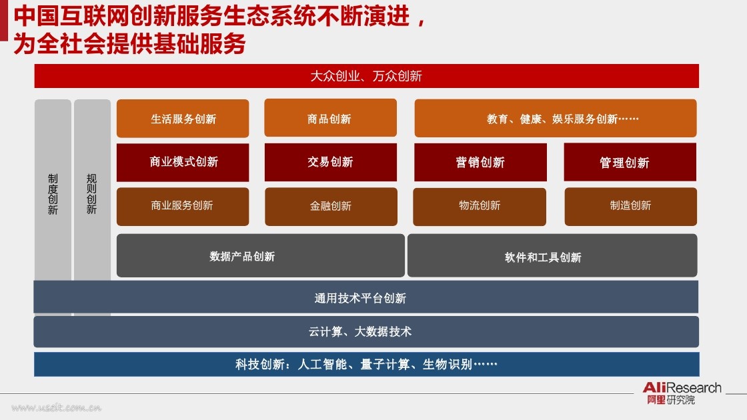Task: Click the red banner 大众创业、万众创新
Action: (366, 76)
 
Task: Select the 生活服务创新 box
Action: (183, 119)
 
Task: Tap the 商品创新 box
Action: (331, 118)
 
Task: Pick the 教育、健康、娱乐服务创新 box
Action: (556, 118)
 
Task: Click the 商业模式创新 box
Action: (183, 163)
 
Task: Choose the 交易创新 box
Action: (331, 163)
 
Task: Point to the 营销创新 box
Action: (480, 163)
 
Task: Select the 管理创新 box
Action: (630, 163)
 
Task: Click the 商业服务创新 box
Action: (183, 207)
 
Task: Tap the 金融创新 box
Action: (331, 207)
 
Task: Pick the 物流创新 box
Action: (480, 207)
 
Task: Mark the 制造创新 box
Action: (631, 207)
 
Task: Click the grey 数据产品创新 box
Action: (261, 256)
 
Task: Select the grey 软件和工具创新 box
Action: (552, 256)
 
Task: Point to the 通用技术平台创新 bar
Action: (366, 297)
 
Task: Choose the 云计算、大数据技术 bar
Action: (366, 331)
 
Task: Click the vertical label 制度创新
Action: (53, 194)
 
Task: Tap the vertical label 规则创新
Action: (91, 194)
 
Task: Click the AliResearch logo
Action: (682, 393)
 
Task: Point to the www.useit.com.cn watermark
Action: (56, 407)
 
